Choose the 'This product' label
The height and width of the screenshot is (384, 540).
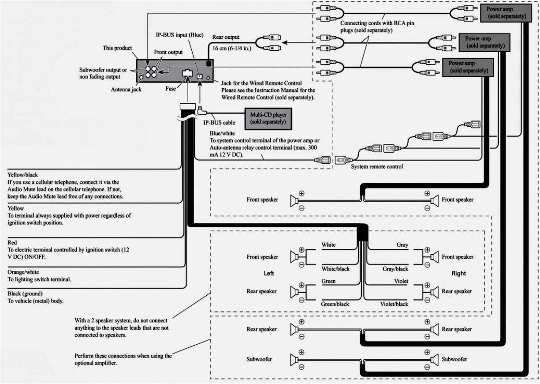(x=117, y=48)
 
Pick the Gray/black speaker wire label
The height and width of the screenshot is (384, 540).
(x=395, y=268)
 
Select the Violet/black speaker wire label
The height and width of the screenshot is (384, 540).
(x=394, y=304)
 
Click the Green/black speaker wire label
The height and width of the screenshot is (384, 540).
(x=335, y=304)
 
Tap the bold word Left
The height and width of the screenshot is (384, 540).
(x=268, y=274)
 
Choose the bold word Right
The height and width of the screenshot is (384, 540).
(x=458, y=274)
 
